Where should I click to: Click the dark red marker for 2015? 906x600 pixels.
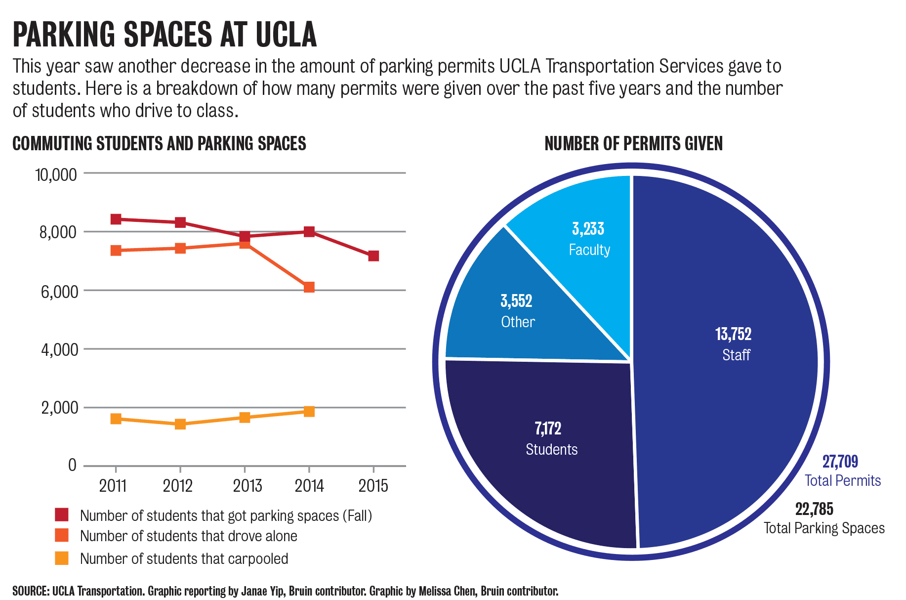(373, 256)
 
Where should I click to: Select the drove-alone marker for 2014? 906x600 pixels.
(309, 287)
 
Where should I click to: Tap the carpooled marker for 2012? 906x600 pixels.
(180, 424)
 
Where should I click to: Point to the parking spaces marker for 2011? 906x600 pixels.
(116, 219)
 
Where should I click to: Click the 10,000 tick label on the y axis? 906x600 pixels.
(56, 174)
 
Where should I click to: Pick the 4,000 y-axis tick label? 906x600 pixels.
(59, 350)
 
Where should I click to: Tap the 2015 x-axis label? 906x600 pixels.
(373, 486)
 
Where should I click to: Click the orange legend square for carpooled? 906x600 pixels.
(62, 558)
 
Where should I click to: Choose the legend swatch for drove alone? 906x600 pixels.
(62, 535)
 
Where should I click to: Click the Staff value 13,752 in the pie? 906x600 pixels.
(733, 334)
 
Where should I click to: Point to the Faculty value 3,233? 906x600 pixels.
(588, 229)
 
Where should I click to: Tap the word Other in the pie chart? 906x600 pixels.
(518, 322)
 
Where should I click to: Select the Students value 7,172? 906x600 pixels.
(548, 428)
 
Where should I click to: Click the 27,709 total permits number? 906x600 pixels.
(840, 462)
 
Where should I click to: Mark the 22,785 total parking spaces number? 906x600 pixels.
(814, 509)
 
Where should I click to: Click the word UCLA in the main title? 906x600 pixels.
(286, 35)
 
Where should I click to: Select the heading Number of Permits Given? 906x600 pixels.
(633, 144)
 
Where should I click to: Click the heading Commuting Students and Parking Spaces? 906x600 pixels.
(159, 144)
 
